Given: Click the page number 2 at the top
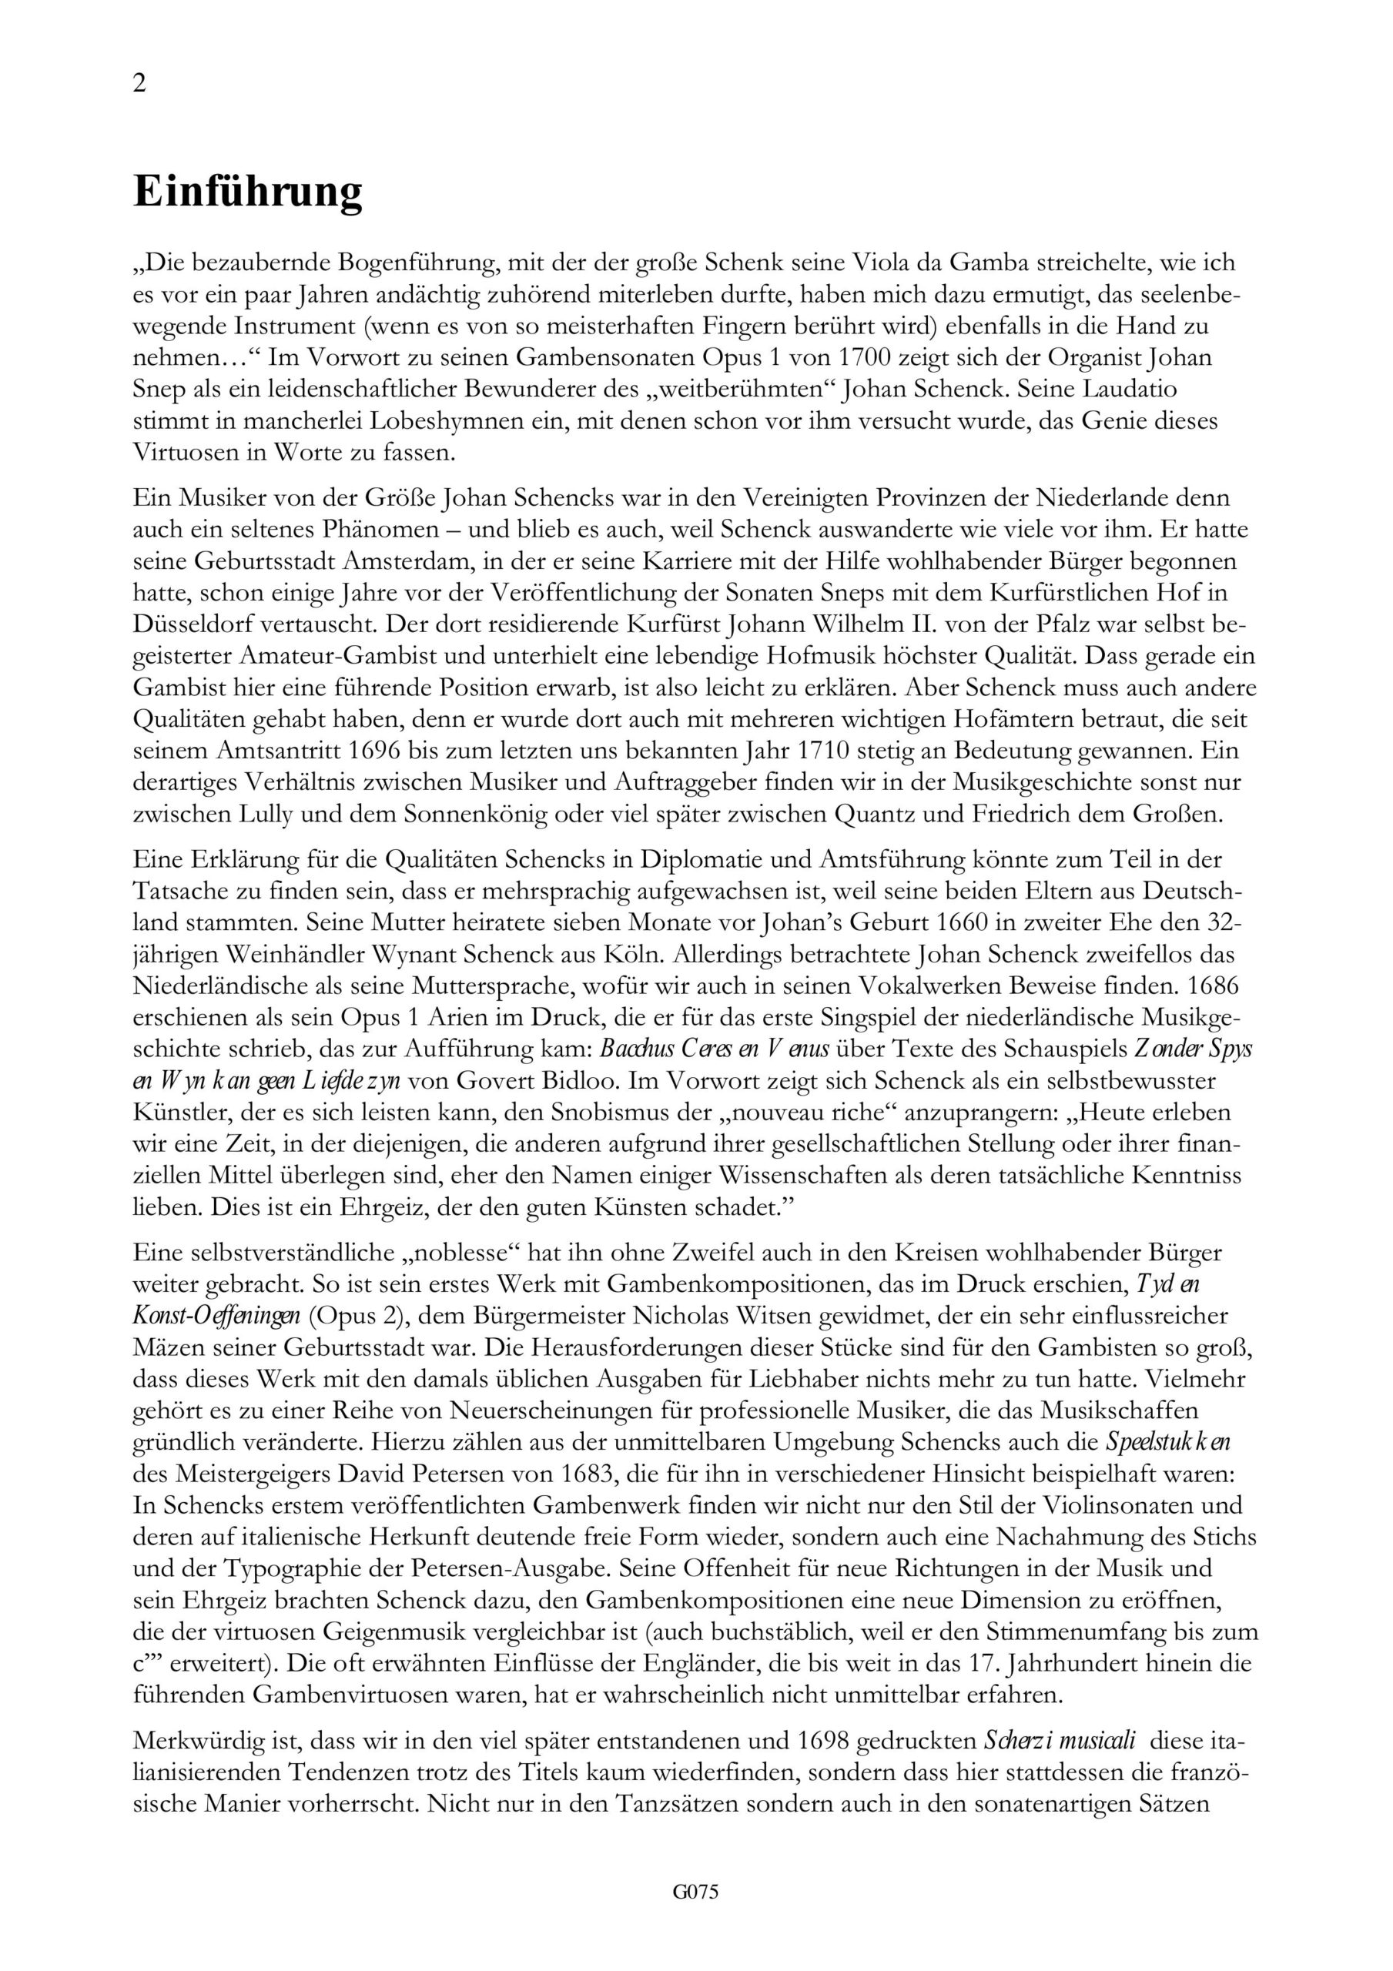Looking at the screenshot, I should (140, 83).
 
